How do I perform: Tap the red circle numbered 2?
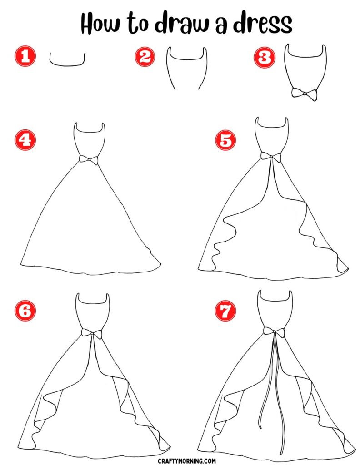(145, 57)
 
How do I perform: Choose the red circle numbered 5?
(225, 141)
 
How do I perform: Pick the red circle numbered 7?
(226, 312)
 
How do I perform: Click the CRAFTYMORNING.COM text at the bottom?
(180, 460)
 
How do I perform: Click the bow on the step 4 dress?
(89, 159)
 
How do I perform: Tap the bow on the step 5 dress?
(271, 157)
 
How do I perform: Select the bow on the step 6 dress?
(92, 333)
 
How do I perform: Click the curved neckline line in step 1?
(67, 65)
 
